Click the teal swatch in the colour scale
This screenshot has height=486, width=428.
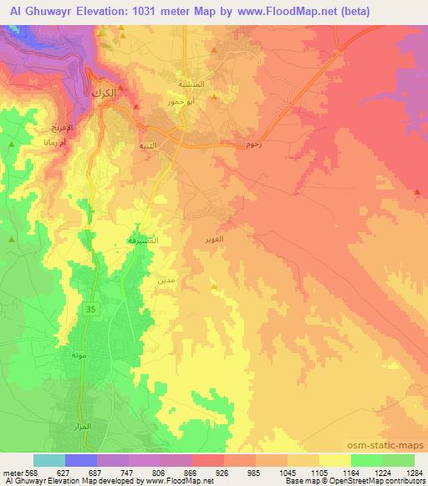[x=48, y=460]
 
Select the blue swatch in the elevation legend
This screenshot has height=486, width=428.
[x=80, y=460]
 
